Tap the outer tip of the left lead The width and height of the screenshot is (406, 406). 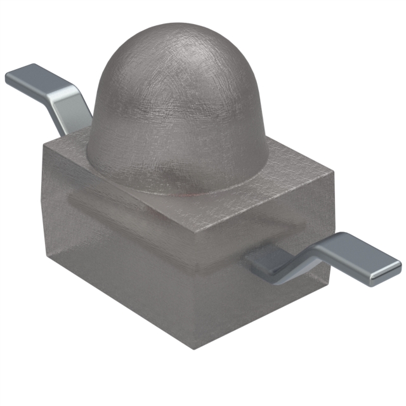[x=9, y=79]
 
